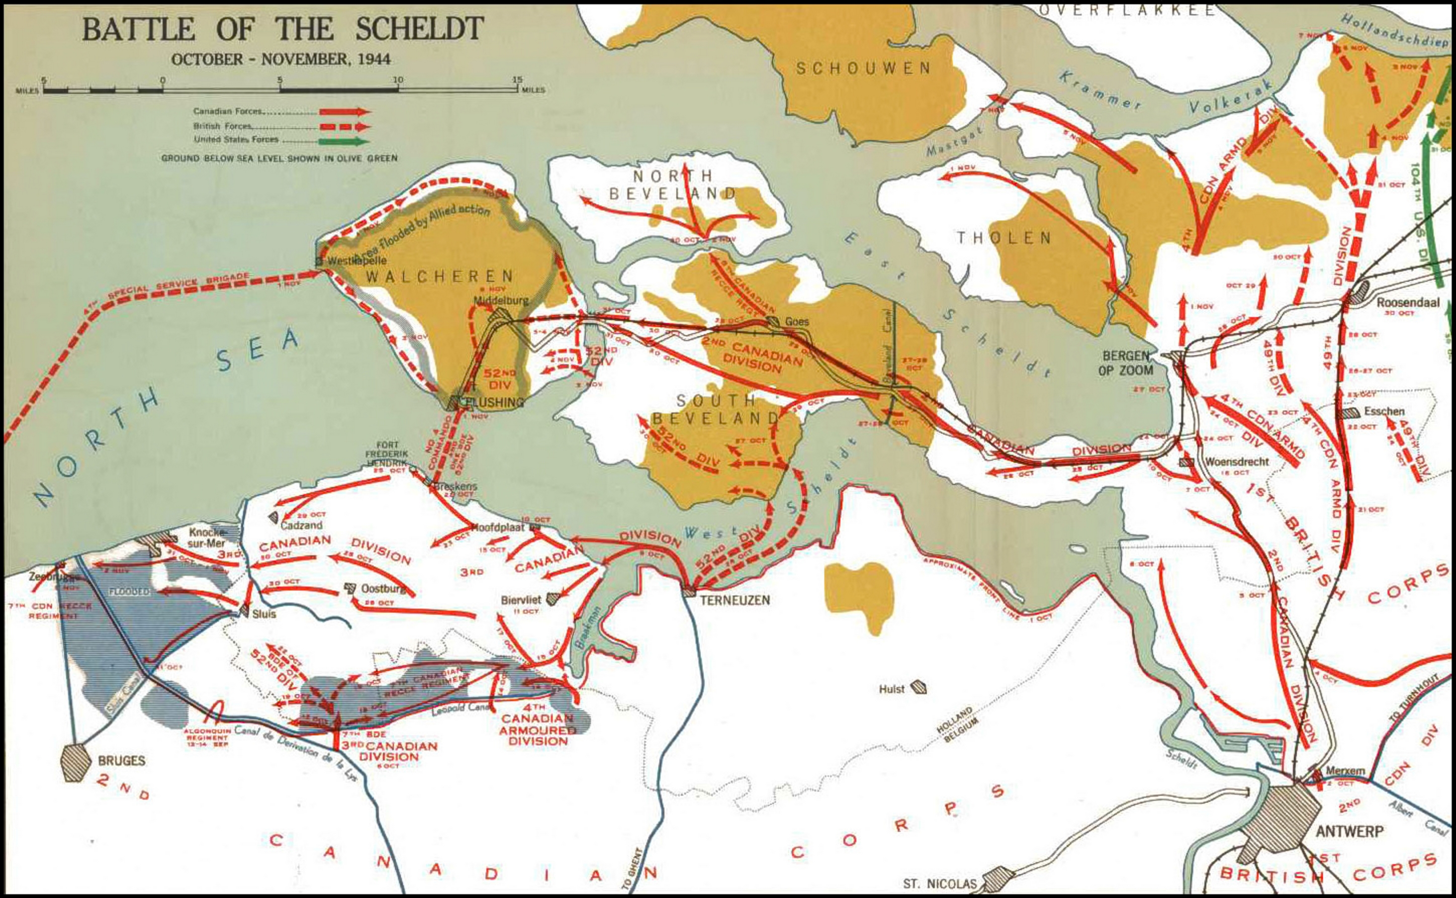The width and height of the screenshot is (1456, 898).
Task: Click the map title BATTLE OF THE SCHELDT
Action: click(283, 29)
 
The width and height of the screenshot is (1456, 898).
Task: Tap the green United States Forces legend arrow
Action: click(345, 141)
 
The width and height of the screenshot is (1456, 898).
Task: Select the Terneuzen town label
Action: click(735, 600)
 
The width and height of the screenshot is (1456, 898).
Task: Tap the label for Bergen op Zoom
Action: click(1127, 363)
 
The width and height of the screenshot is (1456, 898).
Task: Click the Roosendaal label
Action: click(1408, 302)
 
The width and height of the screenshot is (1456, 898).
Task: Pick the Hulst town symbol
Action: click(919, 688)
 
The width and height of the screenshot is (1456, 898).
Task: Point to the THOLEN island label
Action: click(1004, 239)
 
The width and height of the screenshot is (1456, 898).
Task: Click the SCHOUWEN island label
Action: click(863, 69)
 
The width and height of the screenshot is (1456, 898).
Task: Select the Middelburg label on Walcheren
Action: click(501, 301)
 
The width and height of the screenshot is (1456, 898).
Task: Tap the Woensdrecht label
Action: click(1237, 462)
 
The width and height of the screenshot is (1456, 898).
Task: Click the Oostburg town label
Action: click(384, 589)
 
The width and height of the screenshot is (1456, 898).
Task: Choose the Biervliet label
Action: click(521, 600)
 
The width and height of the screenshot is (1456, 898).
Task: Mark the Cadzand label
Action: click(301, 525)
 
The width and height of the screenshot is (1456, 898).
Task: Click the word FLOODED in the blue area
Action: click(129, 592)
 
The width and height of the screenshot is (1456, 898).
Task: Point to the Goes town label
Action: click(797, 321)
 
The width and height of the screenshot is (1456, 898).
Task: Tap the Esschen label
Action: click(1384, 411)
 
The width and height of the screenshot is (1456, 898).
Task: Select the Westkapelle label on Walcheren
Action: click(356, 260)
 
